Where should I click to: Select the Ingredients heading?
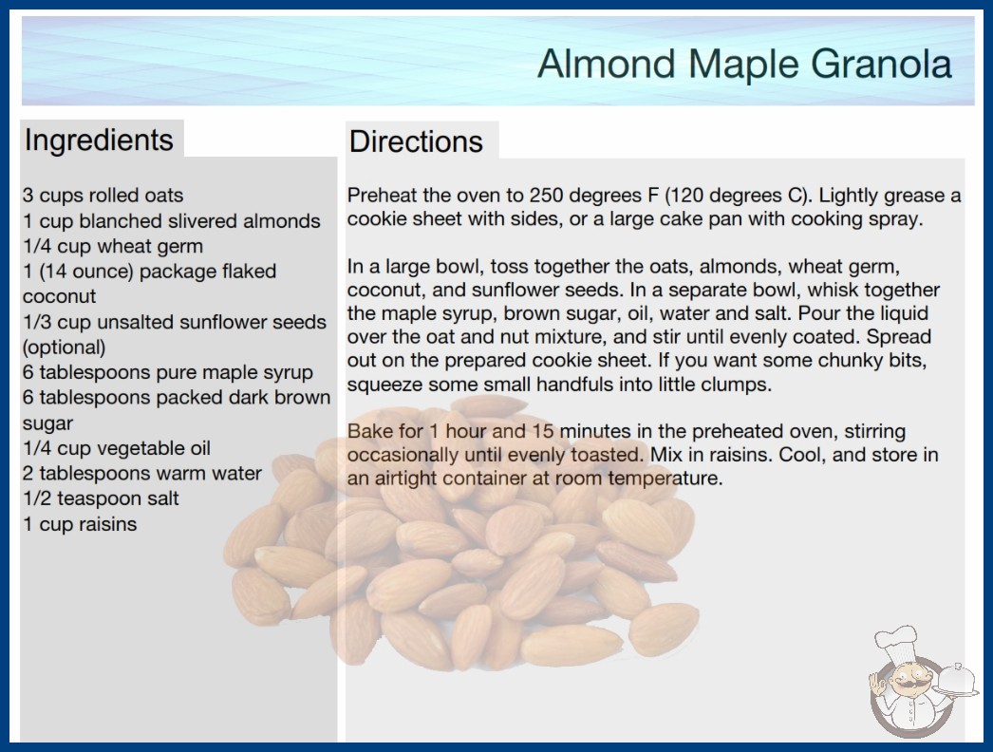click(x=99, y=141)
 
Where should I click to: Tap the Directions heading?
click(x=416, y=141)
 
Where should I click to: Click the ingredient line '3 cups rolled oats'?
click(x=103, y=196)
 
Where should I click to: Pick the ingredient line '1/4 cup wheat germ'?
click(x=113, y=246)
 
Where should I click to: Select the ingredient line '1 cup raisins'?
click(x=80, y=524)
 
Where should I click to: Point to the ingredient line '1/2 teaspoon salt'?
click(x=101, y=498)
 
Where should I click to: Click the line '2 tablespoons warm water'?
click(x=142, y=473)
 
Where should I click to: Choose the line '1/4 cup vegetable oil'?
click(x=117, y=448)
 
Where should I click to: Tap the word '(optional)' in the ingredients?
click(x=64, y=348)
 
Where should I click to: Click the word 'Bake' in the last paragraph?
click(x=366, y=431)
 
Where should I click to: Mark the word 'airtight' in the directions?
click(x=406, y=479)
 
